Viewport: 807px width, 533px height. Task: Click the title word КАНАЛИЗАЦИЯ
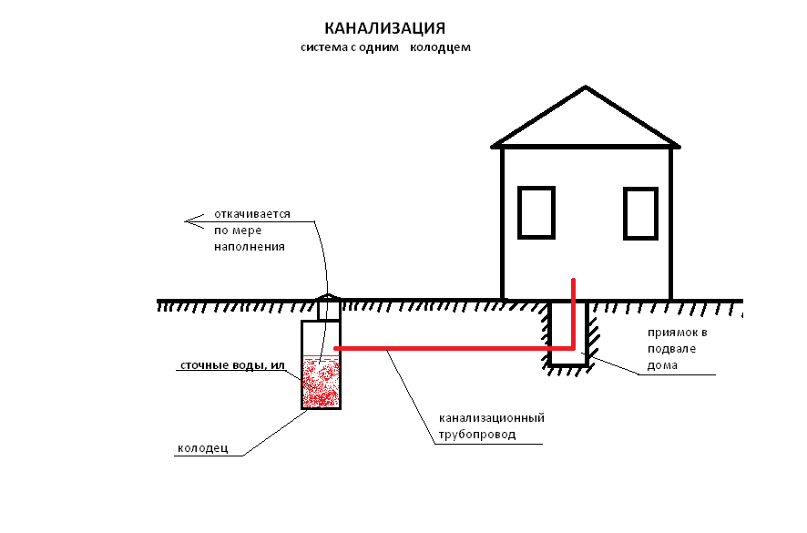(385, 28)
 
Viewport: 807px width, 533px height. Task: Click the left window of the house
(536, 212)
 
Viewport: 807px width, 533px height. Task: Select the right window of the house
(640, 212)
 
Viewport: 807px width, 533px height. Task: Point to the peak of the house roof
(586, 88)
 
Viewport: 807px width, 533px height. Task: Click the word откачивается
(252, 214)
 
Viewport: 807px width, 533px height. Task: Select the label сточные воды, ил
(233, 366)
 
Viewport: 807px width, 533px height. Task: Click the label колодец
(201, 448)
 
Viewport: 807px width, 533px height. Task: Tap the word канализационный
(491, 418)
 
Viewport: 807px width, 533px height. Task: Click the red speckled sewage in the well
(321, 383)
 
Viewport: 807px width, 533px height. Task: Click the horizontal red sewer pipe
(446, 348)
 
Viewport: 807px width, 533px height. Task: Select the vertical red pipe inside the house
(573, 310)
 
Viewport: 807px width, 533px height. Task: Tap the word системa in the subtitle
(323, 47)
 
